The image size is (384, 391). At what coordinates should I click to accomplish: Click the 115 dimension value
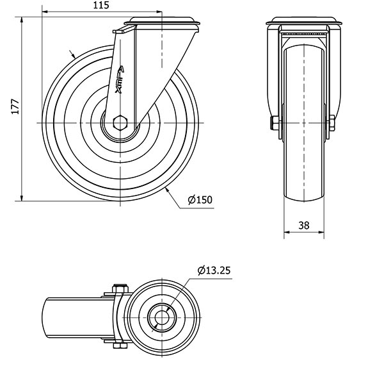coord(101,5)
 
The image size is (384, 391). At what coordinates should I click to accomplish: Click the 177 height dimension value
coord(15,107)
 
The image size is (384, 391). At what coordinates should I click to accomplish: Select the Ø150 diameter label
coord(200,200)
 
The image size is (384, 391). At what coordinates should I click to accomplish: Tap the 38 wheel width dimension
coord(304,226)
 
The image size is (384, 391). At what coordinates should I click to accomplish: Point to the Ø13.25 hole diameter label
coord(214,270)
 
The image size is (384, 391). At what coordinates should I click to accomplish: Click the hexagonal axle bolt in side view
coord(120,122)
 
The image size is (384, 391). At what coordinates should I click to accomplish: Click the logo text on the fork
coord(120,79)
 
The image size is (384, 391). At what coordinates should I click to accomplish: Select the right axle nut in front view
coord(332,122)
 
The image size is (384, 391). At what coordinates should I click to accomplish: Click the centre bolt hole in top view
coord(162,317)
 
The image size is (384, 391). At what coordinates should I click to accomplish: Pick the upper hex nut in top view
coord(120,288)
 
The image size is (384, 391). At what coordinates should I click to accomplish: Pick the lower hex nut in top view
coord(120,345)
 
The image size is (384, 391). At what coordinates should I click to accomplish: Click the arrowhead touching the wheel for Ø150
coord(168,190)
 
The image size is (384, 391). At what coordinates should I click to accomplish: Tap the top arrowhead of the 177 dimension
coord(22,20)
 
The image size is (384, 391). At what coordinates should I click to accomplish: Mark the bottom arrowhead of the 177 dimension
coord(22,197)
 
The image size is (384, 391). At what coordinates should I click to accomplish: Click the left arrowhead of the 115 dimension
coord(45,12)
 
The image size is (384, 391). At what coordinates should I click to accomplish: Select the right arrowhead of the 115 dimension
coord(159,12)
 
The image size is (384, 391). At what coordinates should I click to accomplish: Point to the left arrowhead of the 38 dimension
coord(287,232)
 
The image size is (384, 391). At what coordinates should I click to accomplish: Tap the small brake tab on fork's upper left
coord(124,29)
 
